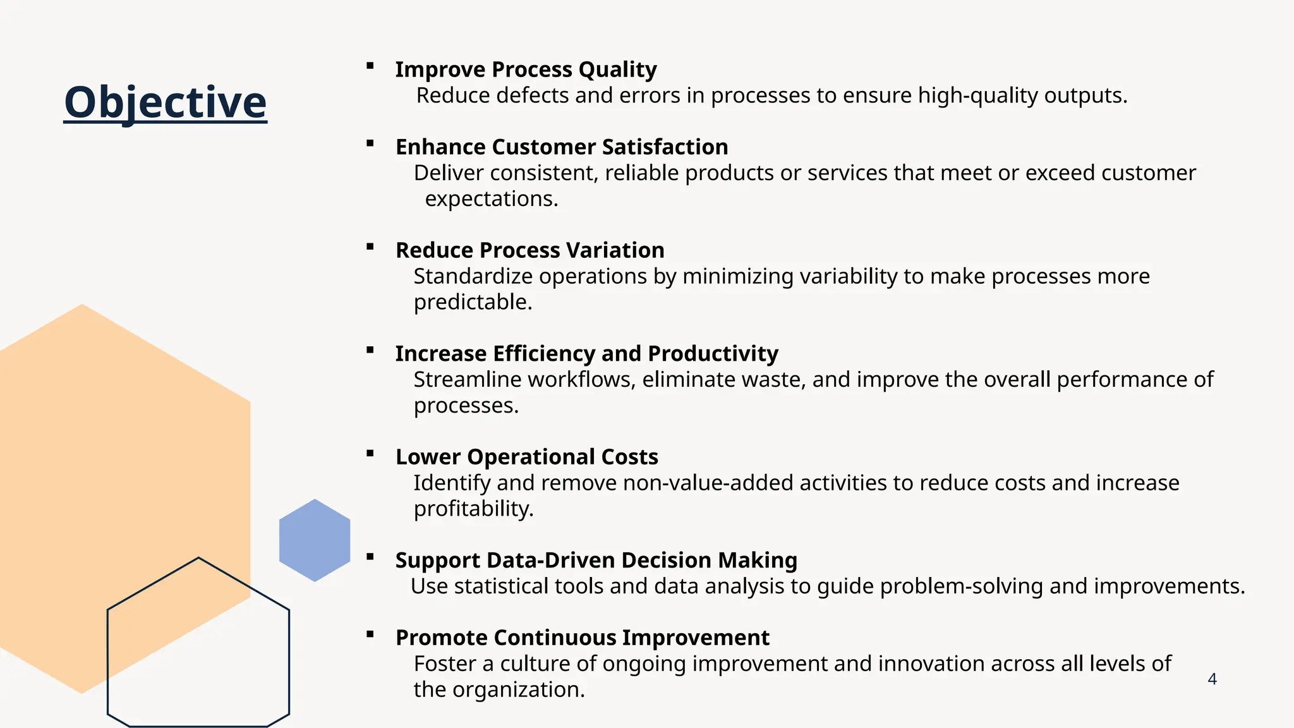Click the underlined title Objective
click(x=166, y=102)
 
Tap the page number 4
click(x=1212, y=679)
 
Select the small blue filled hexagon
click(x=315, y=540)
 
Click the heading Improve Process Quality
click(x=526, y=70)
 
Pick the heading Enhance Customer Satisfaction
click(x=562, y=147)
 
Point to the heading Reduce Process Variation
click(x=529, y=250)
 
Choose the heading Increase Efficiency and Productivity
click(x=586, y=354)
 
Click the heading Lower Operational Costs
click(x=526, y=457)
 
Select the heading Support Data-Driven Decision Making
click(x=596, y=561)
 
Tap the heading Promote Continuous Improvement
click(x=582, y=638)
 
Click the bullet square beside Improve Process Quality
click(x=370, y=66)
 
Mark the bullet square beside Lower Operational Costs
click(x=370, y=453)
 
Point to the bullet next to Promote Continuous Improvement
click(x=370, y=634)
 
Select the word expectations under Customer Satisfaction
click(x=491, y=199)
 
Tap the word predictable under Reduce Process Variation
click(x=472, y=302)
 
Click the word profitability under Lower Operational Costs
click(x=473, y=509)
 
